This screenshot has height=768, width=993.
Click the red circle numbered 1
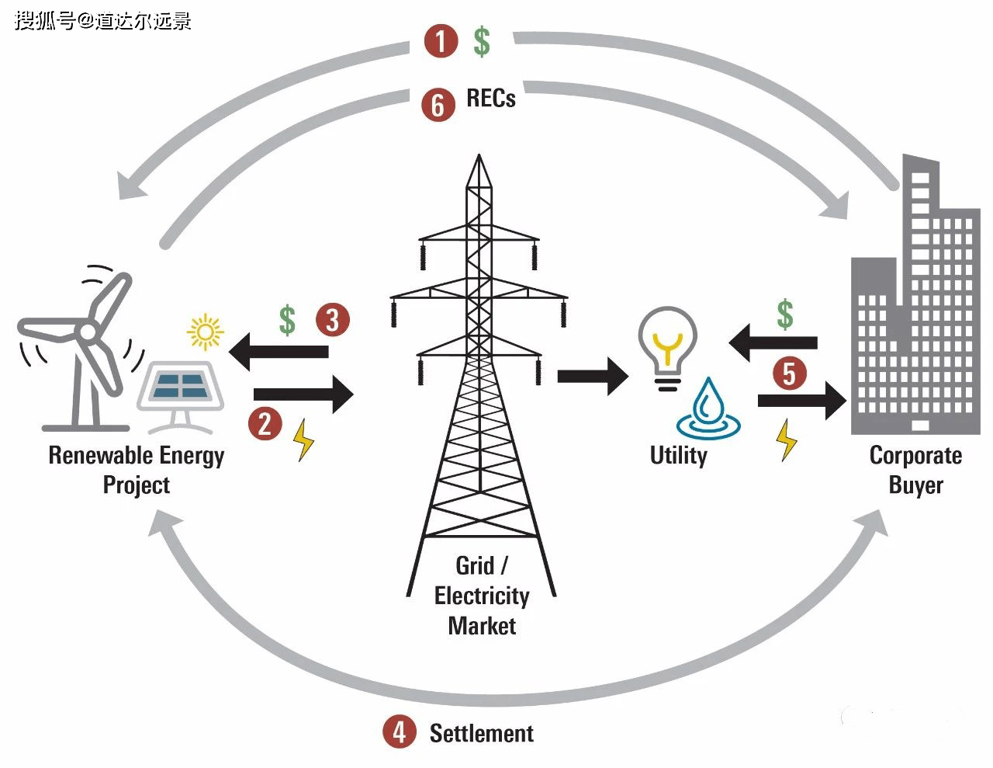(x=441, y=40)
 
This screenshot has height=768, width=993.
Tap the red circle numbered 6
(x=438, y=104)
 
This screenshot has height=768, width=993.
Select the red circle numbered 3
(x=333, y=319)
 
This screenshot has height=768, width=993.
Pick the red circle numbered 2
(x=265, y=424)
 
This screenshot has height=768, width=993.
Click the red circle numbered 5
(x=789, y=373)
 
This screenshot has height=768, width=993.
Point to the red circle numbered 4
(x=399, y=732)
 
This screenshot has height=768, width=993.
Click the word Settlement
(x=481, y=733)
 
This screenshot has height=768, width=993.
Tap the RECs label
(x=491, y=99)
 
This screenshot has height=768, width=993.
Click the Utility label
(x=679, y=455)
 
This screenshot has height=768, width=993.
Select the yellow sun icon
(x=206, y=332)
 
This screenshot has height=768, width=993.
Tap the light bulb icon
(x=667, y=348)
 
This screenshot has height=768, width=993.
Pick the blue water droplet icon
(x=708, y=410)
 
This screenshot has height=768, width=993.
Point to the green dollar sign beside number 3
(x=288, y=319)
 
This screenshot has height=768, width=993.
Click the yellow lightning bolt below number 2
(x=303, y=440)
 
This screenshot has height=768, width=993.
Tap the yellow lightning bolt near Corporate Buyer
(x=787, y=440)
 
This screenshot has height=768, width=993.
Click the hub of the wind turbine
(x=88, y=332)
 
